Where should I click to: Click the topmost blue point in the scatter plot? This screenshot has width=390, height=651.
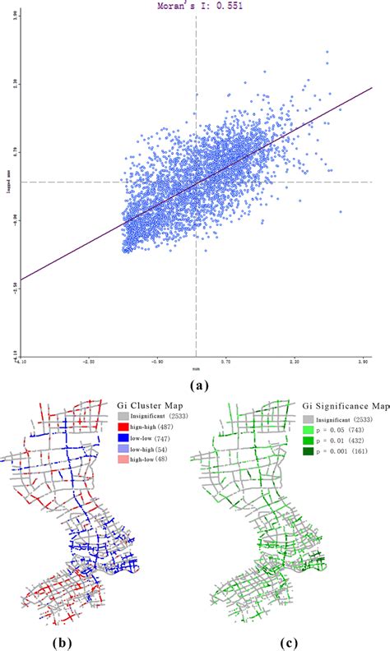click(x=327, y=52)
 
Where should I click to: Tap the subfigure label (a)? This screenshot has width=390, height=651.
click(x=195, y=384)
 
